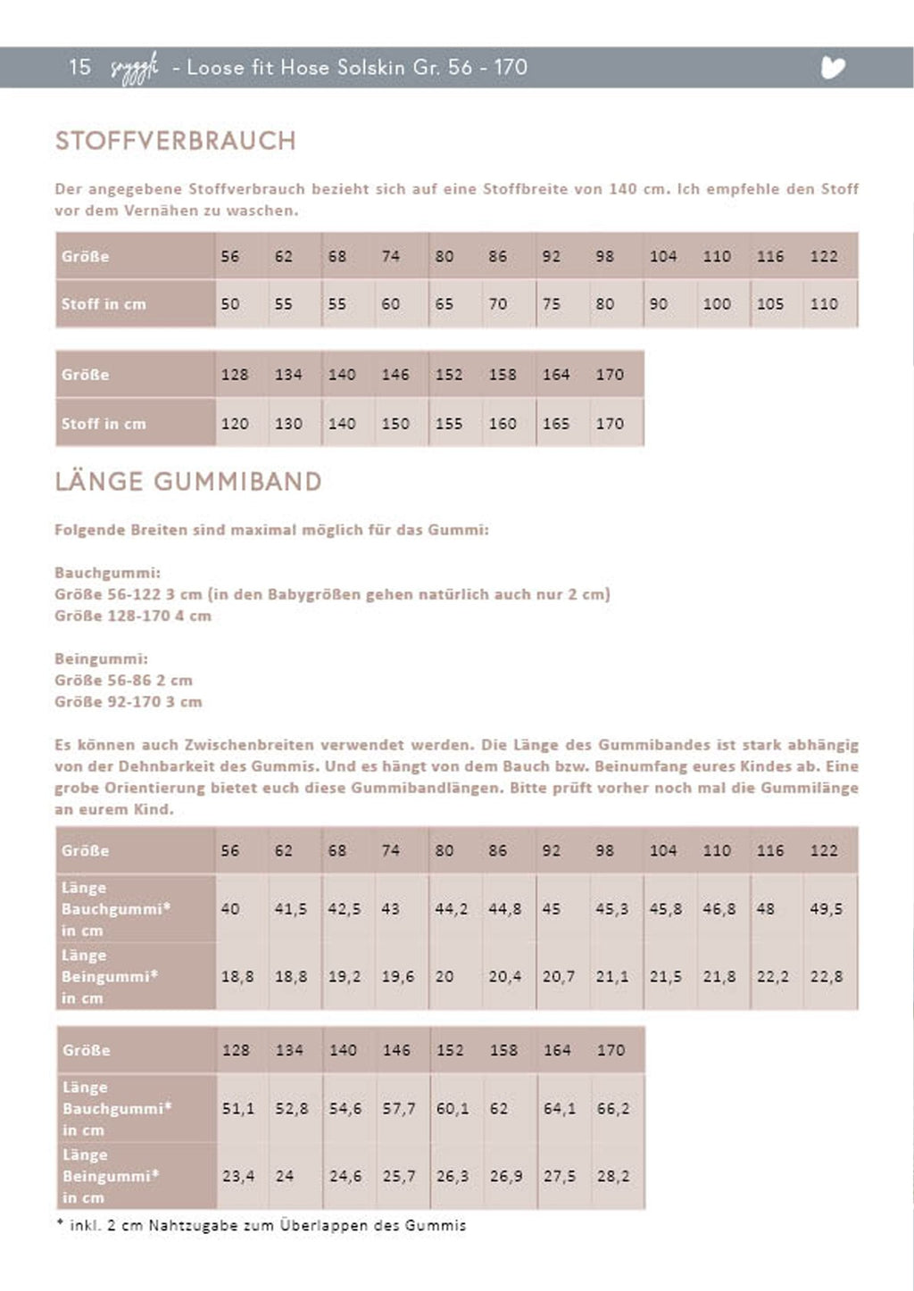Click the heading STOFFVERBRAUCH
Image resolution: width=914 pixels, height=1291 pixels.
(x=175, y=141)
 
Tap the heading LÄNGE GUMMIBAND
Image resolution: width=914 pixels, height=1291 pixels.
(x=188, y=482)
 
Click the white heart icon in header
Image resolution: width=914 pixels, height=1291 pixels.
(x=833, y=68)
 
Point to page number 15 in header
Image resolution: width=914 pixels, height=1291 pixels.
(x=79, y=67)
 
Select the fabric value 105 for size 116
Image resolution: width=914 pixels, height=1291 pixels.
(x=769, y=304)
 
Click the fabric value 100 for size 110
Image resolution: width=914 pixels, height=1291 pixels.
(x=716, y=304)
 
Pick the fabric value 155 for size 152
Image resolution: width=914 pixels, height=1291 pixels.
(x=448, y=424)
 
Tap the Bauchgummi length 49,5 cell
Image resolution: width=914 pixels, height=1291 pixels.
(x=827, y=909)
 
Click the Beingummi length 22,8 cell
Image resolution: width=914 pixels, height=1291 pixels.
(x=827, y=977)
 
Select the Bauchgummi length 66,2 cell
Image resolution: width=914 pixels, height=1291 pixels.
(x=612, y=1109)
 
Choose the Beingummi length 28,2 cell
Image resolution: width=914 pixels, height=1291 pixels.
(x=612, y=1177)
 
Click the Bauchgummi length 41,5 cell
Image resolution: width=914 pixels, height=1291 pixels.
(x=290, y=909)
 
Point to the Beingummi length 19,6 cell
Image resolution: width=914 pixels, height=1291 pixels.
(x=397, y=977)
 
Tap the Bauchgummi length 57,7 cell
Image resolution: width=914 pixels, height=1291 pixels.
(x=398, y=1109)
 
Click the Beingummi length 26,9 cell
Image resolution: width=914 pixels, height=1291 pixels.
(x=505, y=1177)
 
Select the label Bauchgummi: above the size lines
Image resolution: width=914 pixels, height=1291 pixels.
(x=107, y=573)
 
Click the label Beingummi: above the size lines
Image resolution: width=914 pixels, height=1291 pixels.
(x=101, y=659)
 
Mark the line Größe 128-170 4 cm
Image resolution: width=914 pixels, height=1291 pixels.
(x=132, y=616)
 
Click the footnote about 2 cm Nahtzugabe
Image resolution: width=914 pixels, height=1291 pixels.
(x=261, y=1226)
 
